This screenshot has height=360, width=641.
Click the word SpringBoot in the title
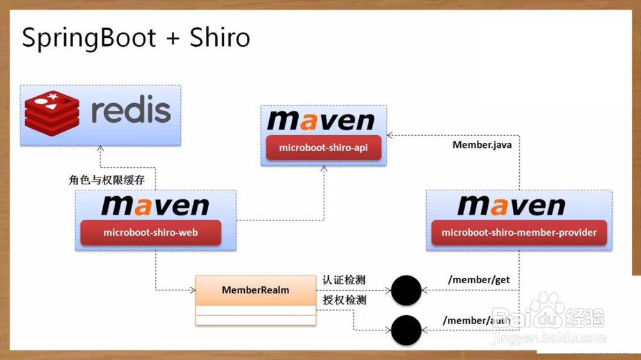tap(89, 38)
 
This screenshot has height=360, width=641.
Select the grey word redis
tap(131, 110)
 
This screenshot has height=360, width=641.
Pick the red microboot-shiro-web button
tap(151, 233)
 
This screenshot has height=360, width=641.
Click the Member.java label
tap(482, 145)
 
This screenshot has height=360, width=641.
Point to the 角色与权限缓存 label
tap(107, 180)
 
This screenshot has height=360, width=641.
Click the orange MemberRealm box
tap(255, 290)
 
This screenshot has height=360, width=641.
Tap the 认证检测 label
tap(344, 281)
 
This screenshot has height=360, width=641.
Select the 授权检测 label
tap(344, 300)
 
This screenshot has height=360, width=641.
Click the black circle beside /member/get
tap(406, 291)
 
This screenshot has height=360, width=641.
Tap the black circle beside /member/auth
tap(406, 331)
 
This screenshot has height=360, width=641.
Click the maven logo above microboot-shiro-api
tap(321, 121)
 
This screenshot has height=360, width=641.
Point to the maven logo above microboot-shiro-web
tap(154, 206)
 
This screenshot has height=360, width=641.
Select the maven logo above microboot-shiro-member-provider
tap(511, 206)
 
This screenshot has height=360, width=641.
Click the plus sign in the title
tap(172, 39)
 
